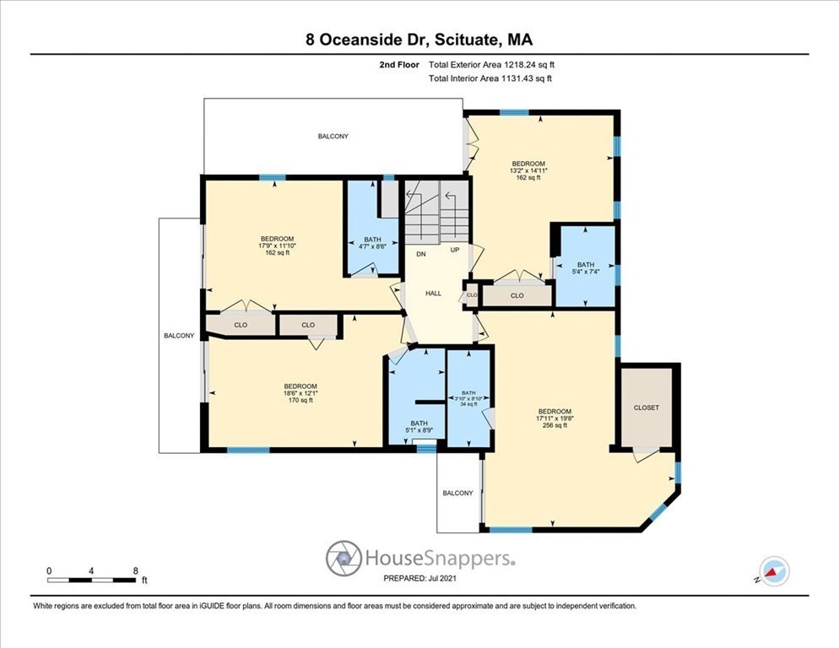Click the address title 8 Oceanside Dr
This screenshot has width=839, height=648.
(419, 39)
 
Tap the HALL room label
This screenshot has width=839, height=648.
(433, 293)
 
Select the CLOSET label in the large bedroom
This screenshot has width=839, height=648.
(647, 408)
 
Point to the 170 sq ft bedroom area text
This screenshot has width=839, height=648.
(300, 400)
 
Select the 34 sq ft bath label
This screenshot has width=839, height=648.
(468, 404)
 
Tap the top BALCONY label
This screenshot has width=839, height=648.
(333, 136)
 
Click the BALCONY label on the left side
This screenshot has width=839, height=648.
(179, 336)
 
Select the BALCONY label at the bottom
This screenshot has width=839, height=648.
(457, 493)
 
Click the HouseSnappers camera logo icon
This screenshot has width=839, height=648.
(344, 559)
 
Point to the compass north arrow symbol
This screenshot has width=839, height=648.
(774, 571)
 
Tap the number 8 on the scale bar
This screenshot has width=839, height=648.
(136, 570)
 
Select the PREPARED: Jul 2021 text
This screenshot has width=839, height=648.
(419, 579)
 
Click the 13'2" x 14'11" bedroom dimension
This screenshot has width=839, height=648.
(528, 170)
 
